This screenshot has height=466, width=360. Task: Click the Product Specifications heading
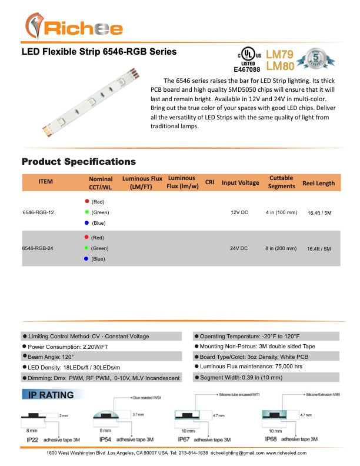(x=78, y=161)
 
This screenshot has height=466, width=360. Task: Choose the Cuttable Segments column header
(x=282, y=182)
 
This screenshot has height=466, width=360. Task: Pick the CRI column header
(x=209, y=182)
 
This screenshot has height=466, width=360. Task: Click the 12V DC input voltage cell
(x=239, y=212)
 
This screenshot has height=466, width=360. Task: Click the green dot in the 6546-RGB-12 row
(x=86, y=212)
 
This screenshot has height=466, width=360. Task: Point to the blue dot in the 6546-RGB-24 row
(x=86, y=259)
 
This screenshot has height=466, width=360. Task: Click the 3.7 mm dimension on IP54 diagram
(x=136, y=415)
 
